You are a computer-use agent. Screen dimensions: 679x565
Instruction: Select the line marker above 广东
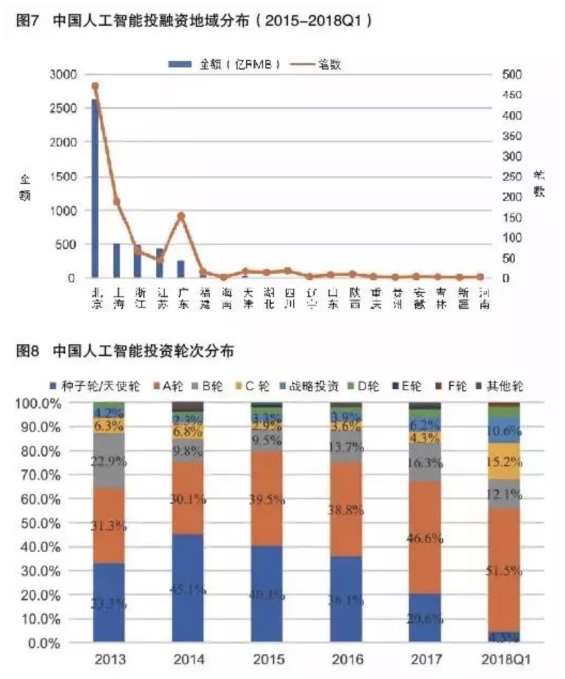click(181, 216)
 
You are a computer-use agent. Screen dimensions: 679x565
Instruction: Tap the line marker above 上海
click(117, 202)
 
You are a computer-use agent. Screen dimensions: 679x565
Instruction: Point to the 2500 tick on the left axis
click(64, 108)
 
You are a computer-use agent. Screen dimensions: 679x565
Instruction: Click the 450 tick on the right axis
click(511, 95)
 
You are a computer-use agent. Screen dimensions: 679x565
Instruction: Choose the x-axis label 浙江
click(140, 298)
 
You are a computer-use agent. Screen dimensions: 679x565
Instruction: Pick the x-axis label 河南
click(484, 298)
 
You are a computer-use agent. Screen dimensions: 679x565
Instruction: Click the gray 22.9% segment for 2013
click(109, 461)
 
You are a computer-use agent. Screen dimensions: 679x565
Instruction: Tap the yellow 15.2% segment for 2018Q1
click(504, 461)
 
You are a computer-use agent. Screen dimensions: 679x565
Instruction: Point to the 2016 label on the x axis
click(347, 659)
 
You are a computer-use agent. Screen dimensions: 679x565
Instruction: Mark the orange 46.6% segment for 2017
click(425, 537)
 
